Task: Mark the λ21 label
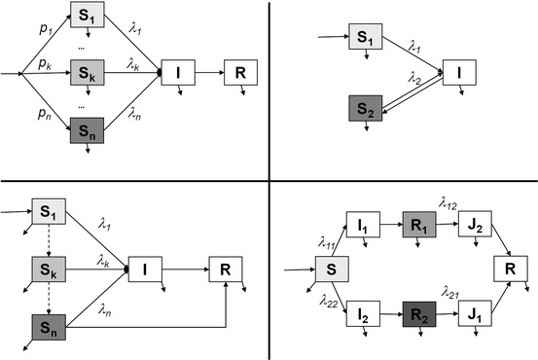[x=448, y=291]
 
